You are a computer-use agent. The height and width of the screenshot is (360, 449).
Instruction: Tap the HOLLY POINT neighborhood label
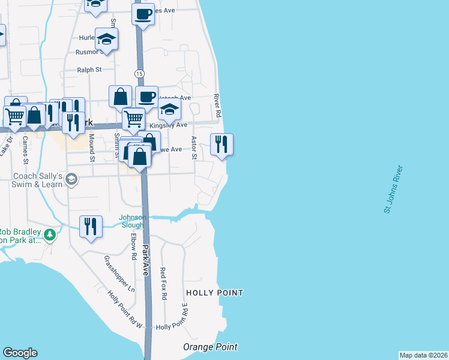[x=214, y=293]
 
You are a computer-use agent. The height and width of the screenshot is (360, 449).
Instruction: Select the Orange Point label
[x=210, y=347]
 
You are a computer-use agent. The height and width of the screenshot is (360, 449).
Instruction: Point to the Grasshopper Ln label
[x=119, y=274]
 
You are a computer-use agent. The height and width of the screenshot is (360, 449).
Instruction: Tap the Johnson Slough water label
[x=132, y=221]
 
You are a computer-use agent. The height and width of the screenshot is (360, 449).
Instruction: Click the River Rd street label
[x=218, y=106]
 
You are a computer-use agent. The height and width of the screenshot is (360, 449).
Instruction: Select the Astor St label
[x=194, y=148]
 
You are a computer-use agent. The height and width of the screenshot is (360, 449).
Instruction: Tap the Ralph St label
[x=89, y=70]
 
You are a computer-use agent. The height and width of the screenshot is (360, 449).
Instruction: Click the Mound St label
[x=92, y=148]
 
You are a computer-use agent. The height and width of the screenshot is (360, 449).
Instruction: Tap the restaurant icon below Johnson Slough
[x=90, y=227]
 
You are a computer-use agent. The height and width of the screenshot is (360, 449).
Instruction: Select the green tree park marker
[x=50, y=234]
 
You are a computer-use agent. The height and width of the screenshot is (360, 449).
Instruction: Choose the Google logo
[x=20, y=353]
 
